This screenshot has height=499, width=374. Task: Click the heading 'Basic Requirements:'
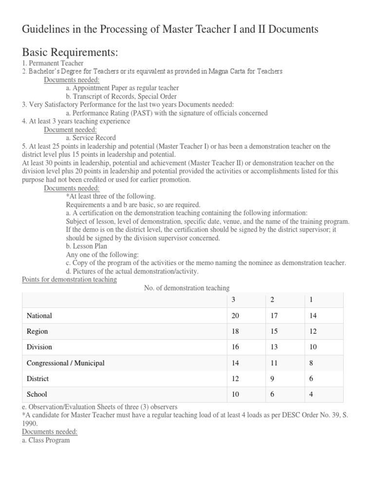(70, 52)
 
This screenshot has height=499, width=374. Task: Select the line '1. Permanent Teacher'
(53, 63)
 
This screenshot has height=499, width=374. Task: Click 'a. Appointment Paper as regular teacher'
(122, 88)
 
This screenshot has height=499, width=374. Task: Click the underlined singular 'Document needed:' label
(70, 130)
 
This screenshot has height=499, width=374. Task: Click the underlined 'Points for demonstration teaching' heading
(70, 279)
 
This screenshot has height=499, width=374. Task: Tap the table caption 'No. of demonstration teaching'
(187, 288)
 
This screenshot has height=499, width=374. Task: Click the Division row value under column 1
(313, 347)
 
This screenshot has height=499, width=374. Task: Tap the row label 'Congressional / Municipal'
(66, 363)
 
